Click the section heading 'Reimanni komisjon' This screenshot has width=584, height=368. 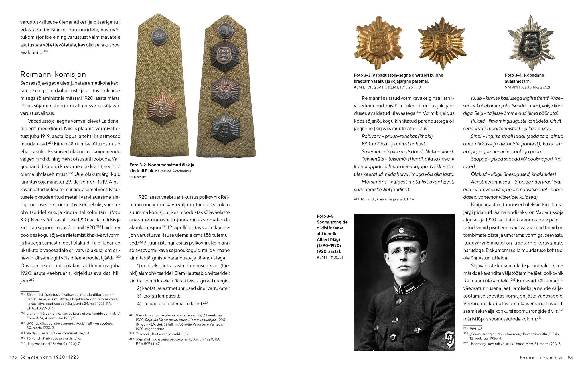53,74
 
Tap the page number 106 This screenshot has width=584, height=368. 13,357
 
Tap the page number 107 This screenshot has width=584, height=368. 570,357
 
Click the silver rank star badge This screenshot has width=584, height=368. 531,43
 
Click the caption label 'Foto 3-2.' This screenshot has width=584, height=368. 138,165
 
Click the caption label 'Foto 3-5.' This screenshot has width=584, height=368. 326,216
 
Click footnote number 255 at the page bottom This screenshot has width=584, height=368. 23,294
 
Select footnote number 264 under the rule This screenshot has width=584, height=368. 356,199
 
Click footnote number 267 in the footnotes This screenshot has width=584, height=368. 465,343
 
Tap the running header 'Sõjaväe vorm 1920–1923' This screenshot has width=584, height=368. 50,357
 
